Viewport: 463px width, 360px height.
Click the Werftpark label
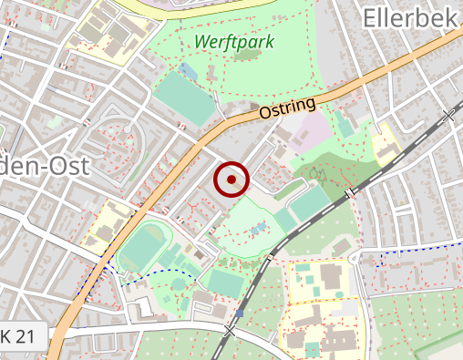pos(233,42)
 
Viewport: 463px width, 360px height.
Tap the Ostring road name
pos(286,108)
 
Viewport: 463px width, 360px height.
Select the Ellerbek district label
pos(411,16)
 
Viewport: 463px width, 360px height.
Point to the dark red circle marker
pos(231,180)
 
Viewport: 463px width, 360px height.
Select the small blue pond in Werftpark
pos(189,69)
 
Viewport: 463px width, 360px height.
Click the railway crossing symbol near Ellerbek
pos(448,116)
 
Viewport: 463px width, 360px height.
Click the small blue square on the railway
pos(240,313)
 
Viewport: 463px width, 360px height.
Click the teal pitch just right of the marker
pos(309,202)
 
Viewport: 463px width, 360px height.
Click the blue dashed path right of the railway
pos(410,248)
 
